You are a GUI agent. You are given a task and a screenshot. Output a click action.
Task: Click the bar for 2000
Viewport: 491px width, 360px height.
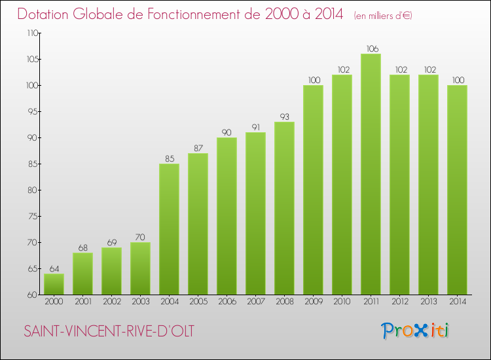(x=54, y=284)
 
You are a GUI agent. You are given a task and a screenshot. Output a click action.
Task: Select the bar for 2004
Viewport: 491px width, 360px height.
(x=169, y=229)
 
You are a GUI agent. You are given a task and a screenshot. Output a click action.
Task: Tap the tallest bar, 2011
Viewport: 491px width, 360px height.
(x=371, y=174)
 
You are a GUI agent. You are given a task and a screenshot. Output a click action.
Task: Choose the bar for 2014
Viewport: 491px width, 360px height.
(x=457, y=190)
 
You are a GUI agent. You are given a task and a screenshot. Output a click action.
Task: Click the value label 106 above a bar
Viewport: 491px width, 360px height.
(x=371, y=48)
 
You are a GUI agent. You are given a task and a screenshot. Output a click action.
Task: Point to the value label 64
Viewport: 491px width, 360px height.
(x=54, y=268)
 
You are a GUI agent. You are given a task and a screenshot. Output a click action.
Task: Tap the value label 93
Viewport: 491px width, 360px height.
(x=284, y=117)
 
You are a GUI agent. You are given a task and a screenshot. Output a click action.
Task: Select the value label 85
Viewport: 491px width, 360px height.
(x=169, y=158)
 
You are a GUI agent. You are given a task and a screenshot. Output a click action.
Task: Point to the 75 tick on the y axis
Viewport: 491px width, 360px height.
(x=31, y=216)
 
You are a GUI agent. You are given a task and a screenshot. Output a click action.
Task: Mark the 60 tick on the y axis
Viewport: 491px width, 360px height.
(x=31, y=295)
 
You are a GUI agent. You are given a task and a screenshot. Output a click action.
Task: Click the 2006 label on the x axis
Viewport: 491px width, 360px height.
(x=227, y=302)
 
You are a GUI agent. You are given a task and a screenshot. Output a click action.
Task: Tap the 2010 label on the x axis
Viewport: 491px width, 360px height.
(x=342, y=302)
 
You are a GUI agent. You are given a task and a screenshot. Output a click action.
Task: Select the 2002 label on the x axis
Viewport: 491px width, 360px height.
(x=111, y=302)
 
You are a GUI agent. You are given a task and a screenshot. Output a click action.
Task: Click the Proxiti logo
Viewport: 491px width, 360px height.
(x=414, y=331)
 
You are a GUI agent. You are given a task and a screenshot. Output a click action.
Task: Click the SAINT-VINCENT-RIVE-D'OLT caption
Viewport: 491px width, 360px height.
(x=109, y=332)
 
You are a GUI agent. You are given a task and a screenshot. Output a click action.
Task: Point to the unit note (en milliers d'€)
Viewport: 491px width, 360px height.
(x=382, y=15)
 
